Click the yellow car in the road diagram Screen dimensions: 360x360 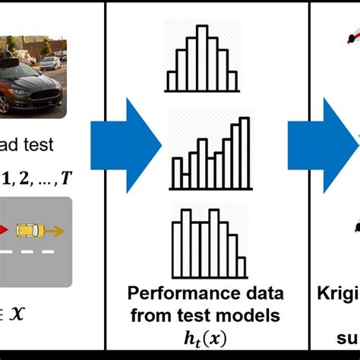click(x=30, y=228)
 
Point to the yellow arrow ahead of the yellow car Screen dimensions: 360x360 click(x=56, y=228)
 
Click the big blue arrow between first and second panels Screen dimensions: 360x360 click(x=125, y=140)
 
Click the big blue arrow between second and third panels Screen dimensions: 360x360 click(x=333, y=140)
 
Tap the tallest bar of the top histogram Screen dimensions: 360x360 click(x=202, y=52)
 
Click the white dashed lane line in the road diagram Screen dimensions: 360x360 click(x=30, y=251)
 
